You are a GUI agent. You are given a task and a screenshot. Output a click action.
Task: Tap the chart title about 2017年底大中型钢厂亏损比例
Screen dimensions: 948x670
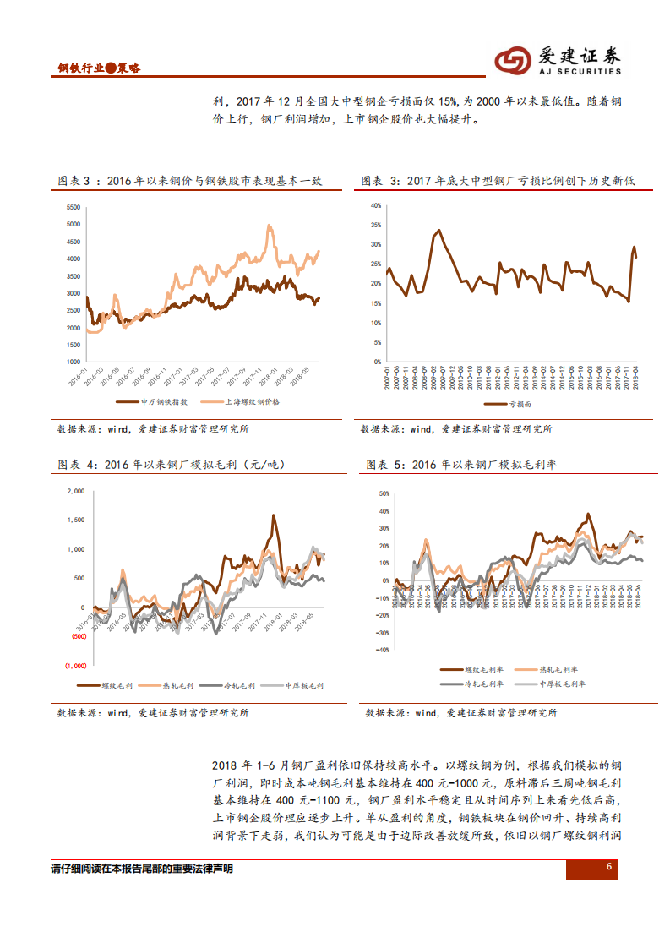pyautogui.click(x=497, y=181)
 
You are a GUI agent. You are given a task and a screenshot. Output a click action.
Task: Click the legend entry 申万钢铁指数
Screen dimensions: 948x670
pyautogui.click(x=145, y=402)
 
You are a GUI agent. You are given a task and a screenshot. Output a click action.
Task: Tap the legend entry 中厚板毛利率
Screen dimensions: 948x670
pyautogui.click(x=561, y=684)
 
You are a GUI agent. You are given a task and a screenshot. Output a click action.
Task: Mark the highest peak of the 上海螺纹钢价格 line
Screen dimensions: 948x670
pyautogui.click(x=269, y=226)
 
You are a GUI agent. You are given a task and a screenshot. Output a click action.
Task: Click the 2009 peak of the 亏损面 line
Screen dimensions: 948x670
pyautogui.click(x=438, y=230)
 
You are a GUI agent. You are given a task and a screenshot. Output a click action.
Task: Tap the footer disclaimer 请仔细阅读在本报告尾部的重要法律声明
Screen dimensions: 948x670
pyautogui.click(x=142, y=869)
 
